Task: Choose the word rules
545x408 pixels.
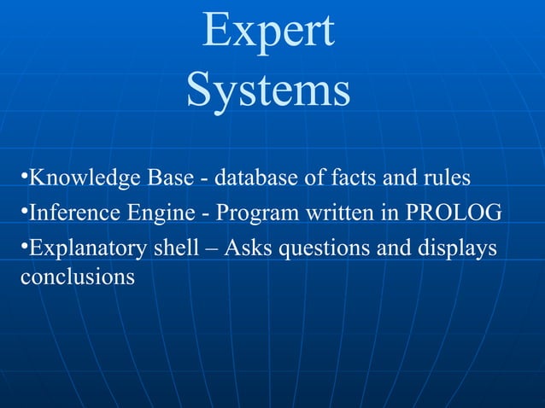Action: (x=443, y=179)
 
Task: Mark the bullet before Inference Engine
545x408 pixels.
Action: (x=23, y=207)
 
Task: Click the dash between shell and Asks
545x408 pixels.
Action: (x=229, y=248)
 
